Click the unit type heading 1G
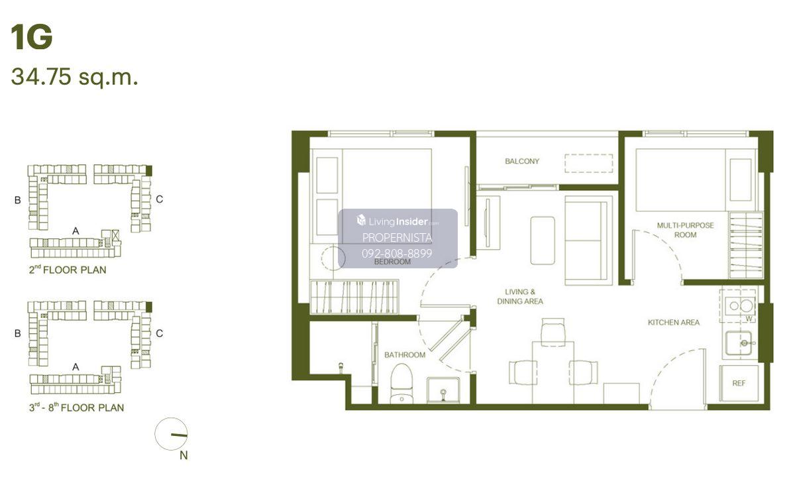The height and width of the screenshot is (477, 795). pyautogui.click(x=32, y=37)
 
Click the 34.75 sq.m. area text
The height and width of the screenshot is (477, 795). pyautogui.click(x=74, y=77)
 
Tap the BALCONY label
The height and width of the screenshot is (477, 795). pyautogui.click(x=522, y=161)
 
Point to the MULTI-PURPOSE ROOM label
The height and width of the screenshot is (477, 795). pyautogui.click(x=685, y=230)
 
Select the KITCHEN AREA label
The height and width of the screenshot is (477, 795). pyautogui.click(x=674, y=322)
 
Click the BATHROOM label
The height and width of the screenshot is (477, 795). pyautogui.click(x=405, y=354)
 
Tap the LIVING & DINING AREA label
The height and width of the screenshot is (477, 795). pyautogui.click(x=520, y=296)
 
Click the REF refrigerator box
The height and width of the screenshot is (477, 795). pyautogui.click(x=739, y=384)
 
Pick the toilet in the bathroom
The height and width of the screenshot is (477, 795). pyautogui.click(x=401, y=384)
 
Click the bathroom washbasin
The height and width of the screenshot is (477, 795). pyautogui.click(x=443, y=390)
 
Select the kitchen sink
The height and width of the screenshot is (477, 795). pyautogui.click(x=738, y=343)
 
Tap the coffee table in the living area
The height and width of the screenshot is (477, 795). pyautogui.click(x=543, y=240)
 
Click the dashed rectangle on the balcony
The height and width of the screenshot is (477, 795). pyautogui.click(x=589, y=163)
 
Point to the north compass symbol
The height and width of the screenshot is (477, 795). pyautogui.click(x=171, y=434)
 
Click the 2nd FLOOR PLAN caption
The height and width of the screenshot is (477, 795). pyautogui.click(x=68, y=270)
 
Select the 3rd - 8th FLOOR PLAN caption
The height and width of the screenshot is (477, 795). pyautogui.click(x=77, y=407)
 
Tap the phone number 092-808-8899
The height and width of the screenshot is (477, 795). pyautogui.click(x=397, y=253)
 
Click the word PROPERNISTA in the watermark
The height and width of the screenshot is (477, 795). pyautogui.click(x=397, y=238)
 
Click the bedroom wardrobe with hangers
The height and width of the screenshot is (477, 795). pyautogui.click(x=354, y=297)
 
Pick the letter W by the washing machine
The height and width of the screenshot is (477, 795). pyautogui.click(x=749, y=319)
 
